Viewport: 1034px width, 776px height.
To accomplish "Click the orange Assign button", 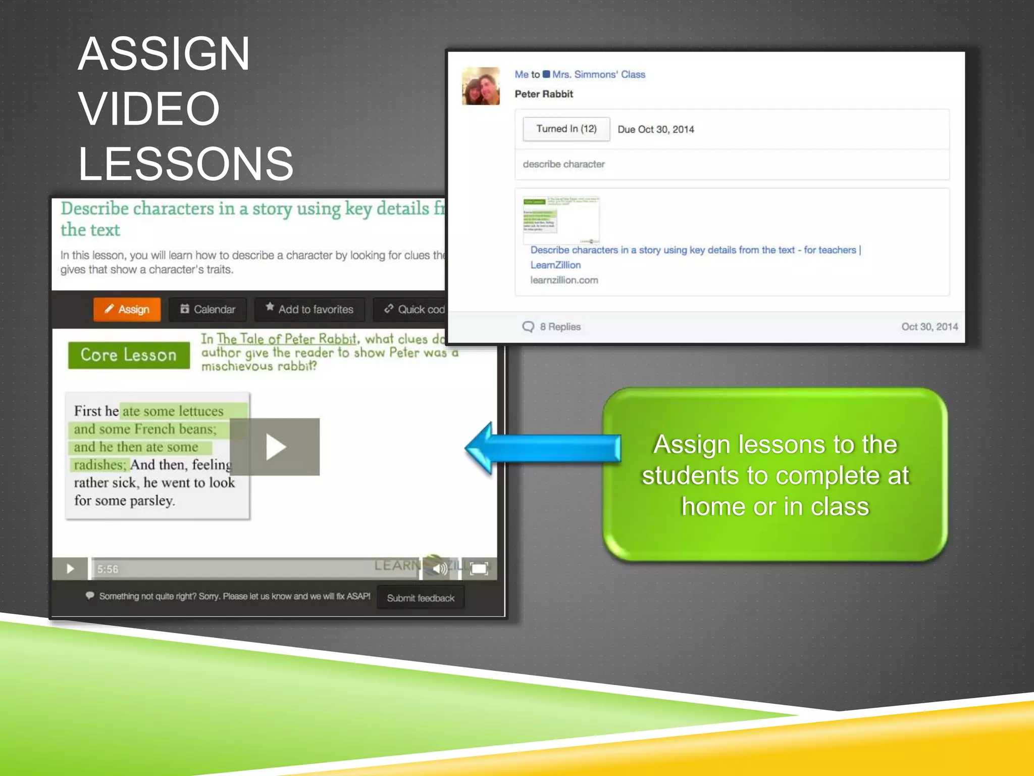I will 127,309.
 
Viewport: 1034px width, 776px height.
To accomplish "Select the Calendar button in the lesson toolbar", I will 208,309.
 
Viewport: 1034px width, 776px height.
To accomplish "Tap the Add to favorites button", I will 309,309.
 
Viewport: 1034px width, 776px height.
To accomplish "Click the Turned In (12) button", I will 566,129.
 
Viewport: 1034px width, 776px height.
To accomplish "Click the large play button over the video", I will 275,447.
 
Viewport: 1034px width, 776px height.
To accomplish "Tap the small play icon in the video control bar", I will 70,569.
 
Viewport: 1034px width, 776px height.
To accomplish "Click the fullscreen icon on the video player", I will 479,568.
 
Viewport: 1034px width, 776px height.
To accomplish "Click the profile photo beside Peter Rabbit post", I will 481,86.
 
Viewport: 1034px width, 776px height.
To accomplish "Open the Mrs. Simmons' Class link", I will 598,75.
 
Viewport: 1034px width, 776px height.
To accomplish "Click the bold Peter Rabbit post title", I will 544,94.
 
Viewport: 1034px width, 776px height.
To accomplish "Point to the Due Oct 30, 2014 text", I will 656,129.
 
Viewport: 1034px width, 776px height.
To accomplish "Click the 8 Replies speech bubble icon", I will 528,327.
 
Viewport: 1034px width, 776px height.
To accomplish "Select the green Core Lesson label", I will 129,355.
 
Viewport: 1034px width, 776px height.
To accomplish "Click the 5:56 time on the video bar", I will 108,569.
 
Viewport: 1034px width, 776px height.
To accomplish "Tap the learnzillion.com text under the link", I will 564,280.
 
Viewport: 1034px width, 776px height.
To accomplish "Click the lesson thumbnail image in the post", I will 561,220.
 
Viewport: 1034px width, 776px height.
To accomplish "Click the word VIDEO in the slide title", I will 149,109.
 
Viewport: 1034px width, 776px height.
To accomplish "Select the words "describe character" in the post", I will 563,164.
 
